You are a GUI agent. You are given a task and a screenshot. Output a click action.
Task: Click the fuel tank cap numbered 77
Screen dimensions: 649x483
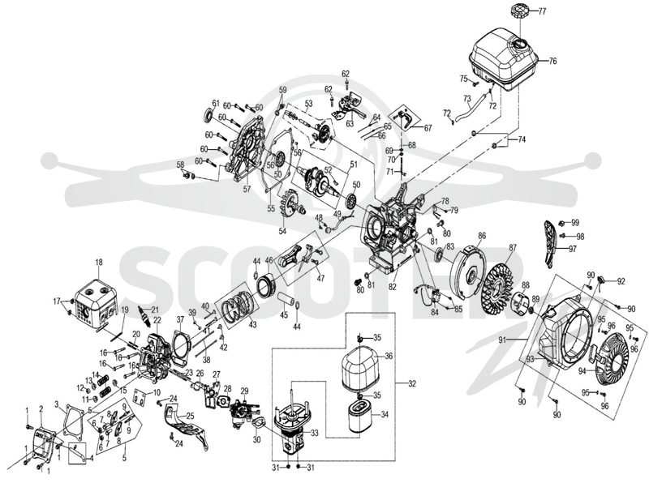click(519, 10)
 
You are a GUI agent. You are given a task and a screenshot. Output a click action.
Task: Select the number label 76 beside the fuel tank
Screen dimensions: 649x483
click(552, 62)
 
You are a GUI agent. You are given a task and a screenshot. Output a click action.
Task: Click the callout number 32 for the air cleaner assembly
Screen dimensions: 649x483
click(412, 383)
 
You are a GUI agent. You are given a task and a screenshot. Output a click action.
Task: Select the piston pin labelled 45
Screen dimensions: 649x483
click(285, 298)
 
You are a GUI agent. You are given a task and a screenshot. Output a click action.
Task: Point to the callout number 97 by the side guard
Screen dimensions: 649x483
click(572, 249)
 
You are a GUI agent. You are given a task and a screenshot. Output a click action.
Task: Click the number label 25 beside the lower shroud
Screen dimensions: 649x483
click(190, 415)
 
